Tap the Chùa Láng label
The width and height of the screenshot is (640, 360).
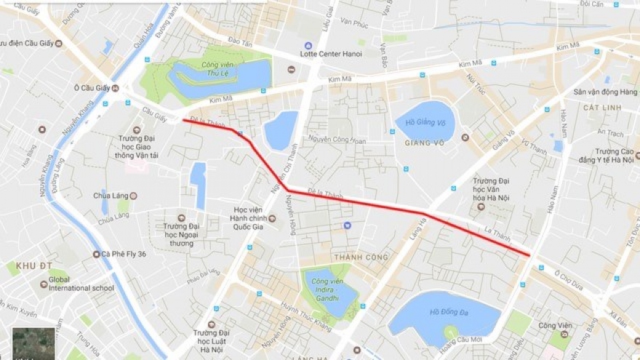coord(111,196)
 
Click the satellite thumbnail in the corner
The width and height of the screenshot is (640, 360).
coord(33,343)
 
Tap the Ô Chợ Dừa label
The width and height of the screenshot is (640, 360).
coord(568,275)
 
